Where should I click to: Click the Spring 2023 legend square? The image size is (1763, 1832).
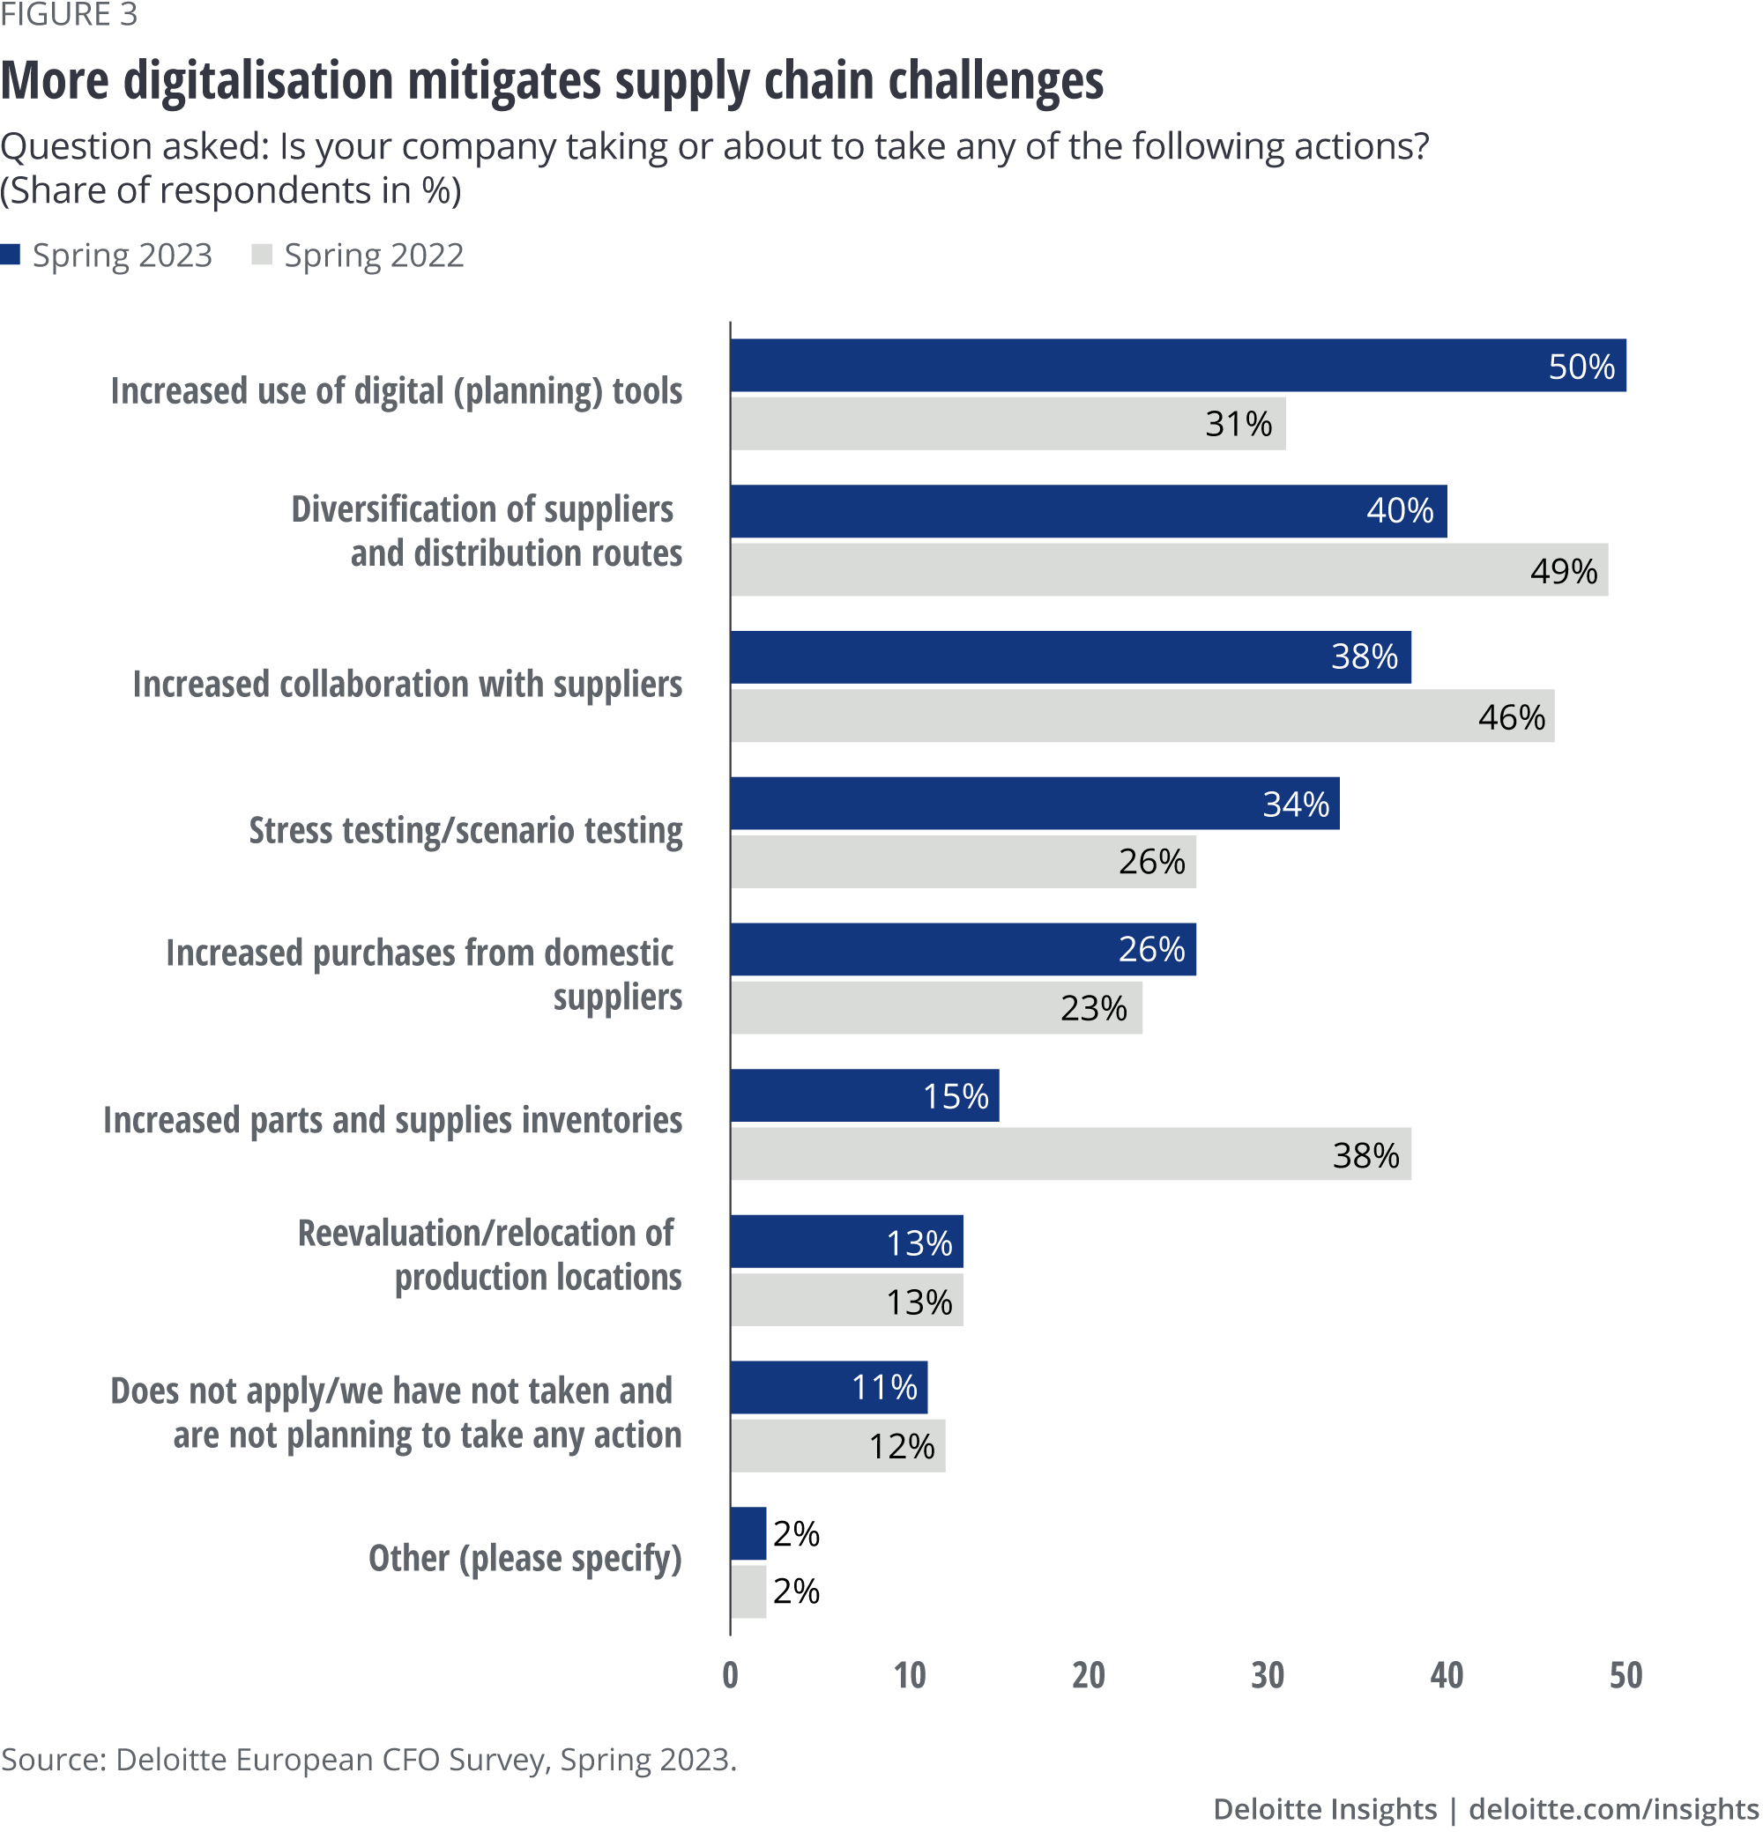[x=11, y=255]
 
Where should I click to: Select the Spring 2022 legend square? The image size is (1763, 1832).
[x=262, y=255]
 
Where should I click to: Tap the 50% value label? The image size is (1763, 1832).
[x=1581, y=367]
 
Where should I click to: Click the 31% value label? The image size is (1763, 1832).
[x=1238, y=425]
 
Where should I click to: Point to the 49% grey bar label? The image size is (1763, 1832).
[x=1563, y=571]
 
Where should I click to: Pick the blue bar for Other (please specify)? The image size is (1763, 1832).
[x=748, y=1534]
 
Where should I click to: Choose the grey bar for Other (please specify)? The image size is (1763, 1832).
[x=748, y=1591]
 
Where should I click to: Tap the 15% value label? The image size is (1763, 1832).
[x=956, y=1096]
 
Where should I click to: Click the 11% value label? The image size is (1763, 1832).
[x=883, y=1388]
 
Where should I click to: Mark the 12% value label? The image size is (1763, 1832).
[x=901, y=1447]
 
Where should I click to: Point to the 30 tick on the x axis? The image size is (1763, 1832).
[x=1268, y=1676]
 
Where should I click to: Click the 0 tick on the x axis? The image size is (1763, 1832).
[x=730, y=1676]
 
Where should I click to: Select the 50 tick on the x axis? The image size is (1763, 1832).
[x=1625, y=1676]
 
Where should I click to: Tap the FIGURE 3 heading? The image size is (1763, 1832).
[x=69, y=15]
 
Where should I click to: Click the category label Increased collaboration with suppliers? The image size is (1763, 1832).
[x=407, y=684]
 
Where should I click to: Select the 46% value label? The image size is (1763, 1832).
[x=1511, y=718]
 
